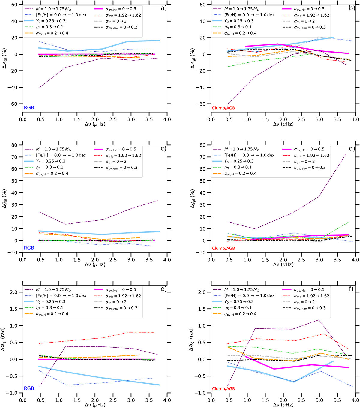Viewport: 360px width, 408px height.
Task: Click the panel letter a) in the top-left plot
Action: coord(163,8)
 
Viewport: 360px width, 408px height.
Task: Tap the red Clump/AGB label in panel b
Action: coord(223,108)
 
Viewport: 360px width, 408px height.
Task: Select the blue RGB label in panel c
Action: coord(29,248)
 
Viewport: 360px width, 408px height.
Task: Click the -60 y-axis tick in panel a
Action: coord(16,104)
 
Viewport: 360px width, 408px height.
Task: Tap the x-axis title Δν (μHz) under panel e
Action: coord(95,405)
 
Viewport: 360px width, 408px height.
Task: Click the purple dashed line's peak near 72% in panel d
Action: coord(346,155)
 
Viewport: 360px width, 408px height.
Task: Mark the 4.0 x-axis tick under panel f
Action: coord(355,400)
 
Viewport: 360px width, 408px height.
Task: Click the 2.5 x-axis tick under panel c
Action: coord(113,260)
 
